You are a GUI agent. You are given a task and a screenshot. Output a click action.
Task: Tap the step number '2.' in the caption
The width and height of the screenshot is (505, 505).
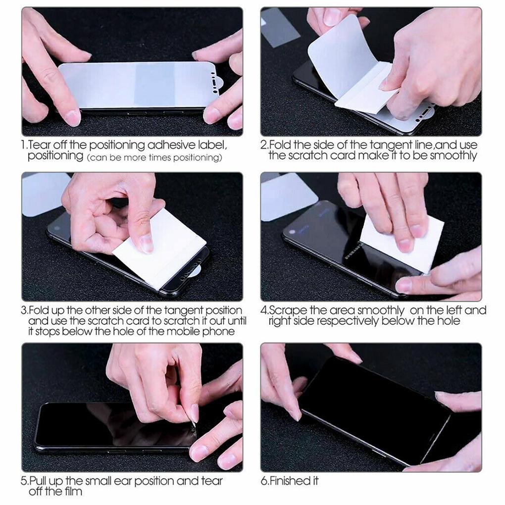click(264, 146)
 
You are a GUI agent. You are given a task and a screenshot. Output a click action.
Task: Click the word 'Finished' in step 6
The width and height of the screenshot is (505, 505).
click(293, 481)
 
